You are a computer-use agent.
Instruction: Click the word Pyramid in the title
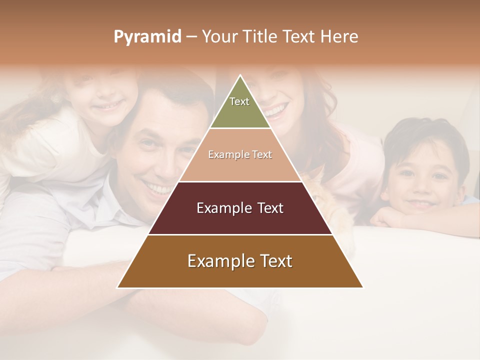(x=147, y=37)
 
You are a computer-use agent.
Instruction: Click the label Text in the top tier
(x=239, y=101)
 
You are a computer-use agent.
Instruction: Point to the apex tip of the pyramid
(x=240, y=76)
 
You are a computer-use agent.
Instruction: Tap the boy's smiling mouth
(x=420, y=204)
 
